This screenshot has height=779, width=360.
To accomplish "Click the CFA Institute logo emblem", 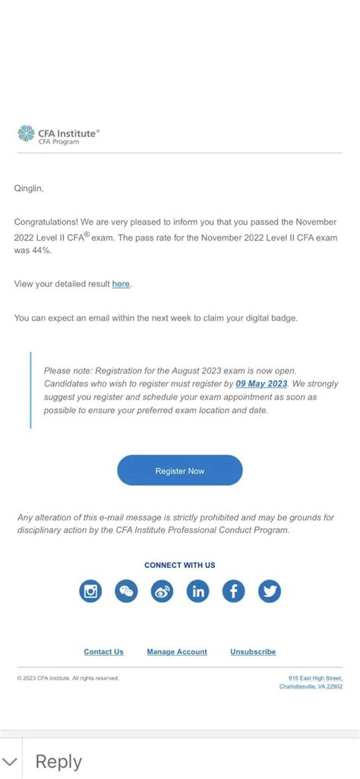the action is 27,135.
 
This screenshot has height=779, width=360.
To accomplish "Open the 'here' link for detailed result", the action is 121,284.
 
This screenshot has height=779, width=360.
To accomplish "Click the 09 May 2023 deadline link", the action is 261,384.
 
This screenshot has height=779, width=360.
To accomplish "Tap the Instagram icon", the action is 90,591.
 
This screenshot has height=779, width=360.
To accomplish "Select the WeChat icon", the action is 126,591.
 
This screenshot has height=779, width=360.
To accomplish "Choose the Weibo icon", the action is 162,591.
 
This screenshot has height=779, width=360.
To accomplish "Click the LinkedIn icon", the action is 198,591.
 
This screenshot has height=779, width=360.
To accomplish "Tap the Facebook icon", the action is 234,591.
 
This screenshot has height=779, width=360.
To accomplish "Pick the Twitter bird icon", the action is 270,591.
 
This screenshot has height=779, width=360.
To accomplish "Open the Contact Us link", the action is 103,652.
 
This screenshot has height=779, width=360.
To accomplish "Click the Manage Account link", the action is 177,652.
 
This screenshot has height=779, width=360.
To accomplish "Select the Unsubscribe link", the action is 253,652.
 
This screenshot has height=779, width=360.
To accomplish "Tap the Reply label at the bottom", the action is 58,762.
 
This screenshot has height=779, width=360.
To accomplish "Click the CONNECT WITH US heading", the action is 180,565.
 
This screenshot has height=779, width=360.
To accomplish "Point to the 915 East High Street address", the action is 315,678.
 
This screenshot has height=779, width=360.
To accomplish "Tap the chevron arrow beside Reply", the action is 10,762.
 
